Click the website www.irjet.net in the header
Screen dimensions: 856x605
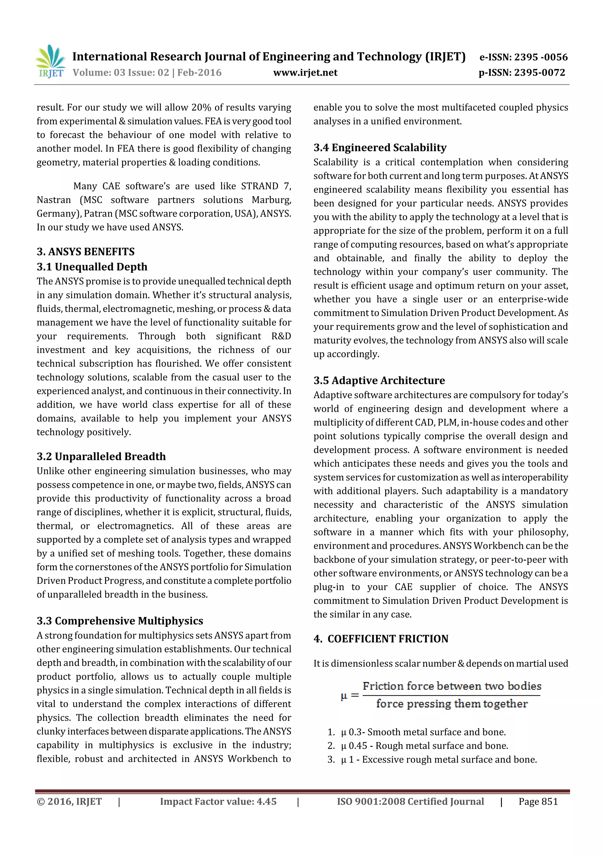tap(305, 73)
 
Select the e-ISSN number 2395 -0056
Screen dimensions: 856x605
tap(541, 57)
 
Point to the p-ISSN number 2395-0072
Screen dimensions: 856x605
tap(539, 73)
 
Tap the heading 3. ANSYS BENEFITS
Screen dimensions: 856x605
tap(85, 252)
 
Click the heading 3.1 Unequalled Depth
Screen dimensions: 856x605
tap(92, 267)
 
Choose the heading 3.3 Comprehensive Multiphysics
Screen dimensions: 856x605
tap(120, 621)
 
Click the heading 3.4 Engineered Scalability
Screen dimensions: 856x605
tap(380, 148)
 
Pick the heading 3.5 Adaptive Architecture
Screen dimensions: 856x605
tap(379, 380)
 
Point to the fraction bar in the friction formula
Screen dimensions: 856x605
tap(451, 695)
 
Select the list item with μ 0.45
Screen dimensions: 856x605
tap(424, 746)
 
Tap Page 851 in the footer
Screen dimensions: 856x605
tap(538, 802)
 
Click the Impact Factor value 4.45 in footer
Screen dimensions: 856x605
tap(218, 802)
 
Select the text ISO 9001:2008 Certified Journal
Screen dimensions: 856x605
tap(410, 802)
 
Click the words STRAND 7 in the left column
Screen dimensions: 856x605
tap(266, 186)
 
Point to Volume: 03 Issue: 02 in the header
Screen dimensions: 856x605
tap(121, 73)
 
